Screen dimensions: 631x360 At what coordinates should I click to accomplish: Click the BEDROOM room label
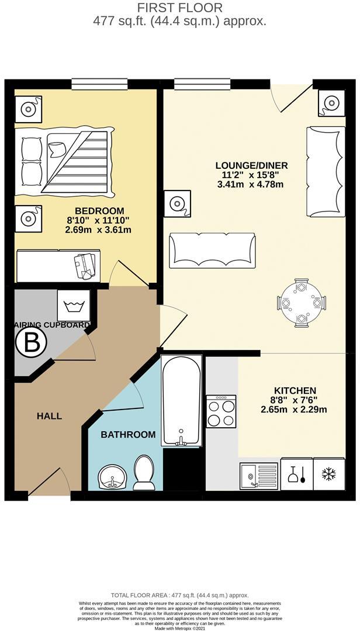(99, 211)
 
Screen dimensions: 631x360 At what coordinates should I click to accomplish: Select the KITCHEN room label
(295, 390)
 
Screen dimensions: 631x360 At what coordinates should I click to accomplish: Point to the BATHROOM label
(128, 435)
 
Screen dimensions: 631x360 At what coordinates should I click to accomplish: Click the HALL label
(49, 416)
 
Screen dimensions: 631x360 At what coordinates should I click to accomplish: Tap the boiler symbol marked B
(30, 344)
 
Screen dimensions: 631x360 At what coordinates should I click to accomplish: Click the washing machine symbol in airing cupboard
(74, 305)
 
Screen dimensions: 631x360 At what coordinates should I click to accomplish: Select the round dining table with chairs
(301, 303)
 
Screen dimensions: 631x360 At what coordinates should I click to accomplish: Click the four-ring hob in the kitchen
(221, 411)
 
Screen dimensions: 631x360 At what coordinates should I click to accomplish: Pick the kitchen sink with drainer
(259, 475)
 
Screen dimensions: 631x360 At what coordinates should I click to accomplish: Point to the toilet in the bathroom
(144, 472)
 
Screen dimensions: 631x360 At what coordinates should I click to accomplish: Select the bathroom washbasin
(111, 477)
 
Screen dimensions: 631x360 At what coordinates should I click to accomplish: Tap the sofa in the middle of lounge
(212, 250)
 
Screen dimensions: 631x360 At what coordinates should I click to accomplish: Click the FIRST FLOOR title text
(179, 8)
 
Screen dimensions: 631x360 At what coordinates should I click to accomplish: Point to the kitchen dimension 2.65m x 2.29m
(293, 409)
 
